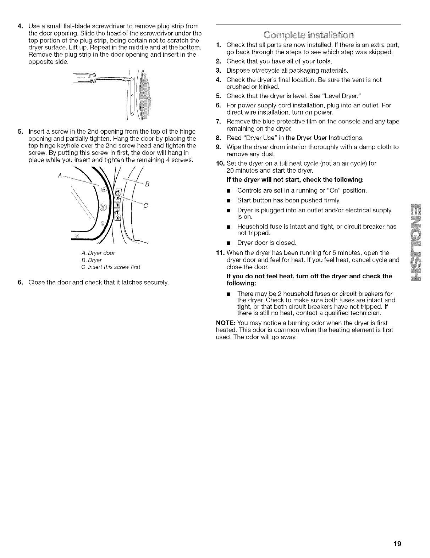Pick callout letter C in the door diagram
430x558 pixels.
[146, 206]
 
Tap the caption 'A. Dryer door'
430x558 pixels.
[98, 253]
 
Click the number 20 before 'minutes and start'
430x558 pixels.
[230, 170]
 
